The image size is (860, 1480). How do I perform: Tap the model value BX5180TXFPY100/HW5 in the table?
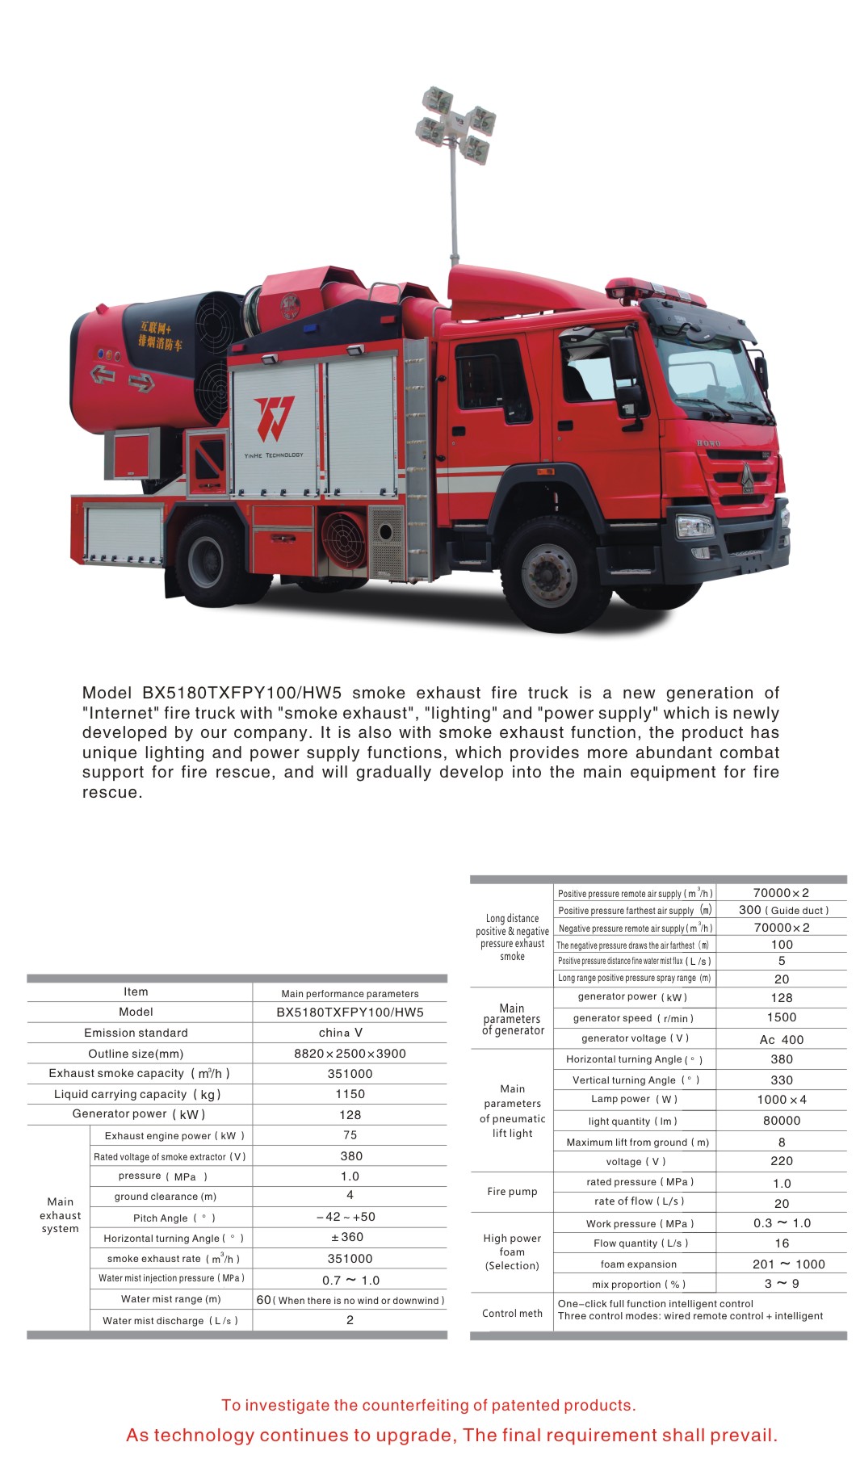coord(350,1013)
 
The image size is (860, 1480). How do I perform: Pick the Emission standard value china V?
coord(341,1033)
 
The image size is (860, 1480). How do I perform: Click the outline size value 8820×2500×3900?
coord(350,1054)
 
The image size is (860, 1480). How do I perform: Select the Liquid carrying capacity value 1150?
coord(350,1094)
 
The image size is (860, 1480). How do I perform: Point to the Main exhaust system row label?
coord(61,1215)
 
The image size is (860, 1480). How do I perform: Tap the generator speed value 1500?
coord(782,1018)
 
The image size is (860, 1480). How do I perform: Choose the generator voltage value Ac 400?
coord(782,1040)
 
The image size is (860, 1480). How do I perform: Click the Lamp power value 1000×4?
coord(782,1100)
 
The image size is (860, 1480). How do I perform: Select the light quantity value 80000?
coord(782,1121)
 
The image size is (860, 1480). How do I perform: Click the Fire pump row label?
coord(512,1192)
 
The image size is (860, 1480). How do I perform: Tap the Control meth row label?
coord(512,1314)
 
